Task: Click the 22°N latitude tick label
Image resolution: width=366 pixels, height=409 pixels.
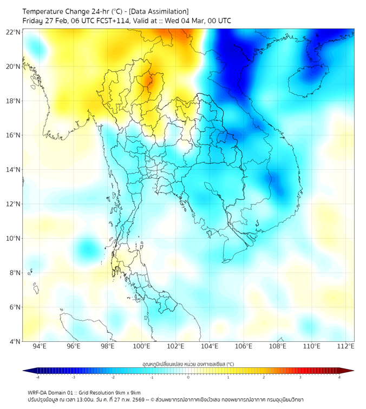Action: point(14,32)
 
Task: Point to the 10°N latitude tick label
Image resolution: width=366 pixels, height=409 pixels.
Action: point(14,238)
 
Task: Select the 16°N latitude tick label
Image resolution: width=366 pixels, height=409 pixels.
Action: point(14,135)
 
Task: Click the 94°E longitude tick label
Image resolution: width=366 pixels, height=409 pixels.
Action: point(40,346)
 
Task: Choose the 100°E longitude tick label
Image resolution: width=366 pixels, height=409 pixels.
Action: point(141,346)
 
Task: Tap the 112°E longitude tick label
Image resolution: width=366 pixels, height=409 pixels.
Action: point(345,346)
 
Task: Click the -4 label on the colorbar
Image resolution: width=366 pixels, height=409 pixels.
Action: point(37,377)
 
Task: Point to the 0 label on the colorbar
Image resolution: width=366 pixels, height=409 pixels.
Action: point(188,377)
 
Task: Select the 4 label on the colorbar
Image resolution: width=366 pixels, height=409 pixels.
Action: point(339,377)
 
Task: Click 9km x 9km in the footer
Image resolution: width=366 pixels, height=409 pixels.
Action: point(129,392)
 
